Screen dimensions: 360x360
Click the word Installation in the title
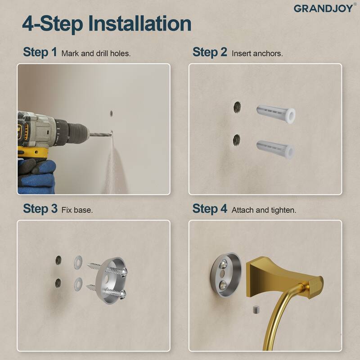tap(139, 23)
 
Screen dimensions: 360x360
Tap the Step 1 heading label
tap(40, 52)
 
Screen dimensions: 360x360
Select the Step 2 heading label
tap(210, 52)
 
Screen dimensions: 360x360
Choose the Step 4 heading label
tap(210, 209)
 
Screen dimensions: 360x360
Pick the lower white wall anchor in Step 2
tap(275, 148)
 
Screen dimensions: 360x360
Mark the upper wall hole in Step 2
tap(237, 107)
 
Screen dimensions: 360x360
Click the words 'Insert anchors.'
tap(257, 53)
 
